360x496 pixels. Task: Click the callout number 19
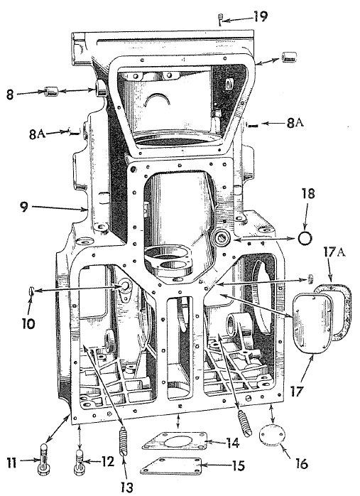click(x=261, y=16)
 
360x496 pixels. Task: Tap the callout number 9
click(x=25, y=207)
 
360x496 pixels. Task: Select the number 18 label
click(x=307, y=193)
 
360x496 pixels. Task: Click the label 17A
click(x=334, y=254)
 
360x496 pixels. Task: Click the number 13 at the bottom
click(x=126, y=487)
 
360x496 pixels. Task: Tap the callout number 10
click(x=28, y=323)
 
